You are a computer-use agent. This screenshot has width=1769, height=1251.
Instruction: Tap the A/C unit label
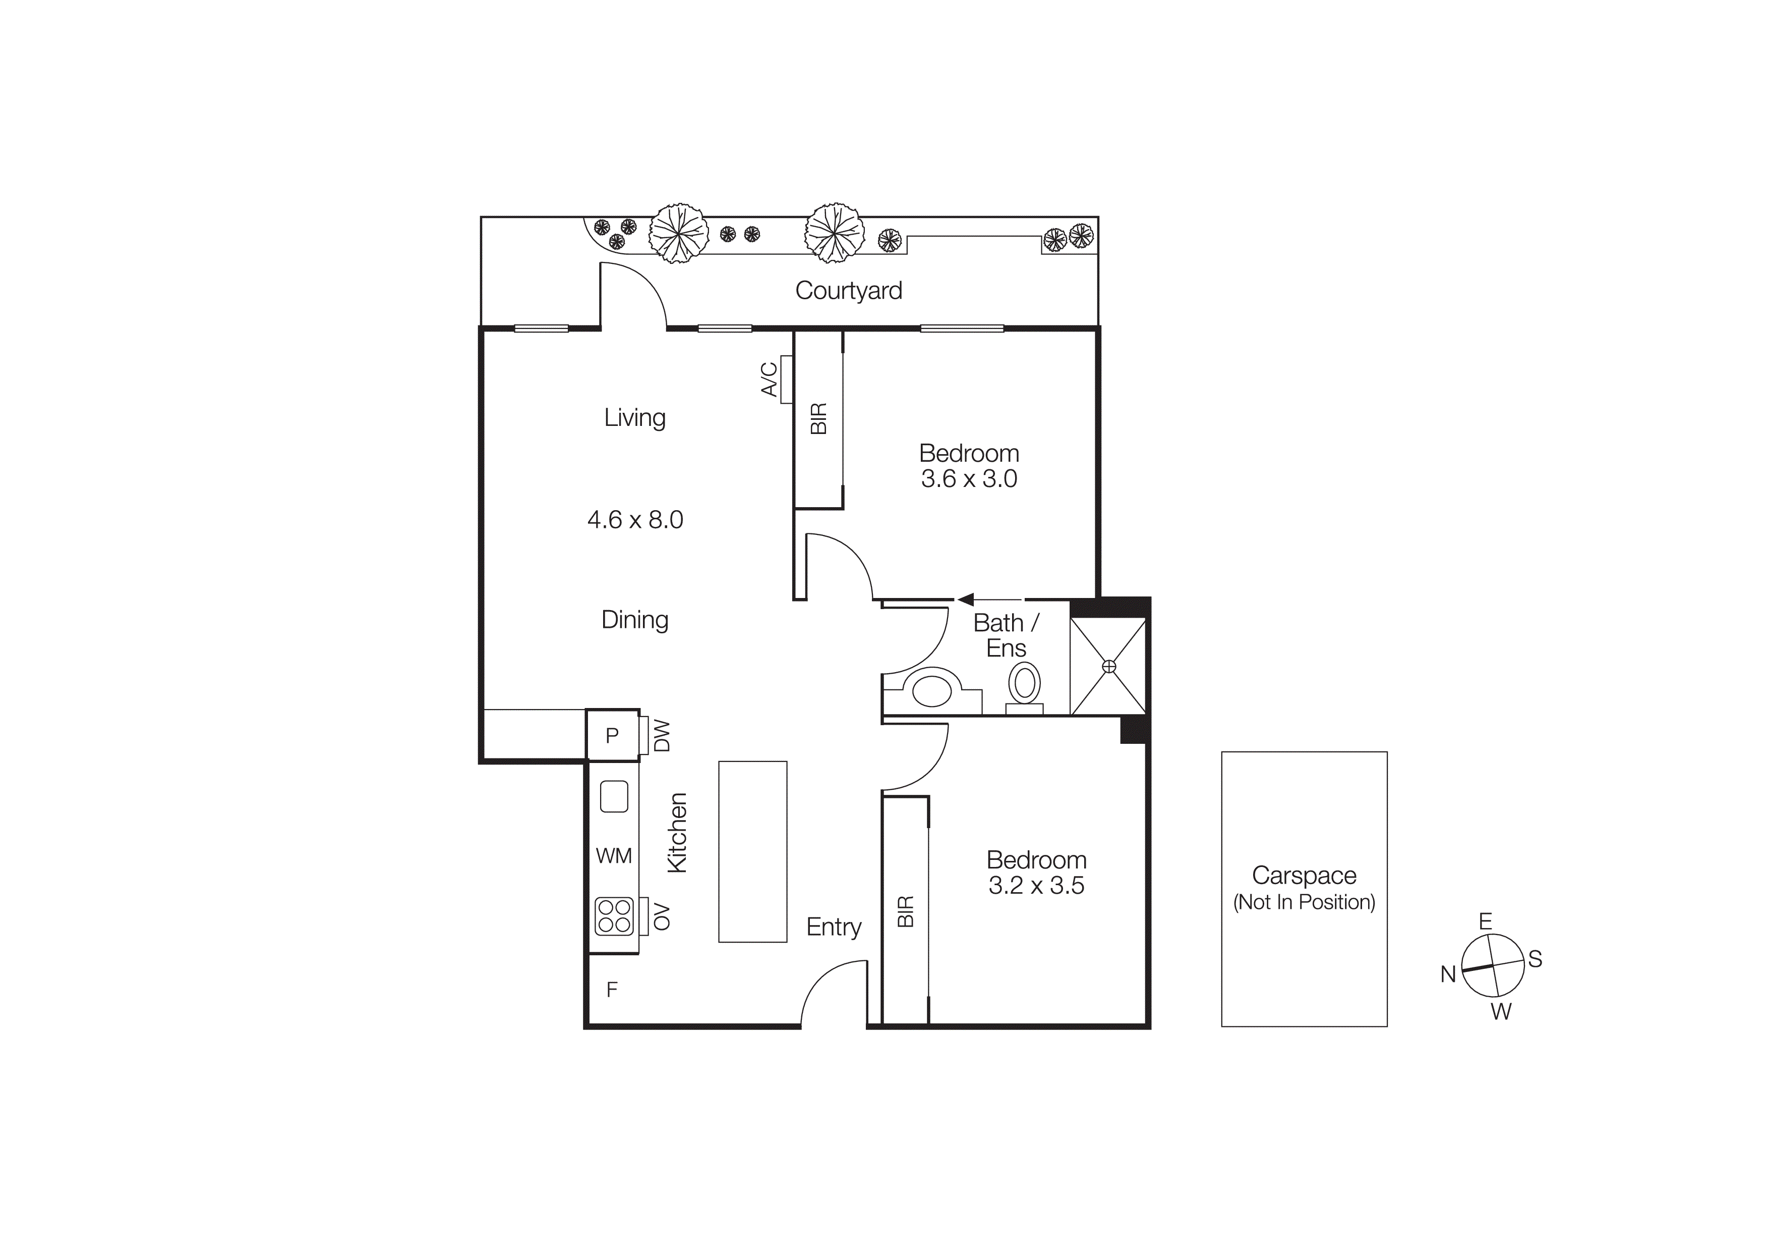tap(769, 379)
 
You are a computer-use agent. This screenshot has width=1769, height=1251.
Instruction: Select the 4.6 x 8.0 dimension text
tap(635, 519)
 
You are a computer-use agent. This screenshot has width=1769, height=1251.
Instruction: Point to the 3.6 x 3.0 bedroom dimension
tap(969, 479)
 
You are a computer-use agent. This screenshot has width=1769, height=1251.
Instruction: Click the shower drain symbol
tap(1109, 666)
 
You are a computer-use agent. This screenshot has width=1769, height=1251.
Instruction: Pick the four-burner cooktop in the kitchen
tap(614, 916)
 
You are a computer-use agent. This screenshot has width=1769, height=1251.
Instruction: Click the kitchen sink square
tap(614, 796)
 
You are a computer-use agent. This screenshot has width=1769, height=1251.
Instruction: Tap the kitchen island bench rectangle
tap(753, 852)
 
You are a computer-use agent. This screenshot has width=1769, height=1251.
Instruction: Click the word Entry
tap(834, 927)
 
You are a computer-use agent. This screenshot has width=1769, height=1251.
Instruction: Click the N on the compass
tap(1448, 974)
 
